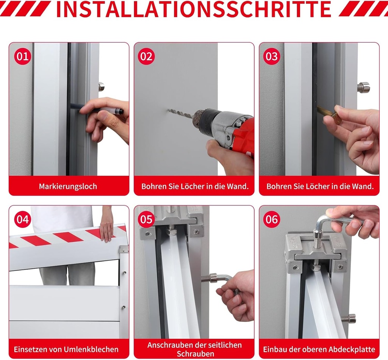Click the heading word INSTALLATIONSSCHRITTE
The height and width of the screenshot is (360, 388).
point(194,9)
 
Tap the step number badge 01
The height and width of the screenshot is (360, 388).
point(22,57)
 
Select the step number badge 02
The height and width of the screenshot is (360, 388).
point(146,57)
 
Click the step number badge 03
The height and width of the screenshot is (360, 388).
point(271,57)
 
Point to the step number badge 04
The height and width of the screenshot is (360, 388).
point(22,220)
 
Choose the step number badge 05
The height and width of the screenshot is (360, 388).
point(146,220)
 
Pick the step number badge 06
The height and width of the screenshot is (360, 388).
point(271,220)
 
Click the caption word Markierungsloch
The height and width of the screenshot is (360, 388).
point(68,186)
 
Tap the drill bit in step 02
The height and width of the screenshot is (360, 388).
point(180,113)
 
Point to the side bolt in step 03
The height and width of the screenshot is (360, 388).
point(363,88)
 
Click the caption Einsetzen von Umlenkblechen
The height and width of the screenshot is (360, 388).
point(66,349)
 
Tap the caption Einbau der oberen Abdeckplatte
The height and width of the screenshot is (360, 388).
point(319,349)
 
